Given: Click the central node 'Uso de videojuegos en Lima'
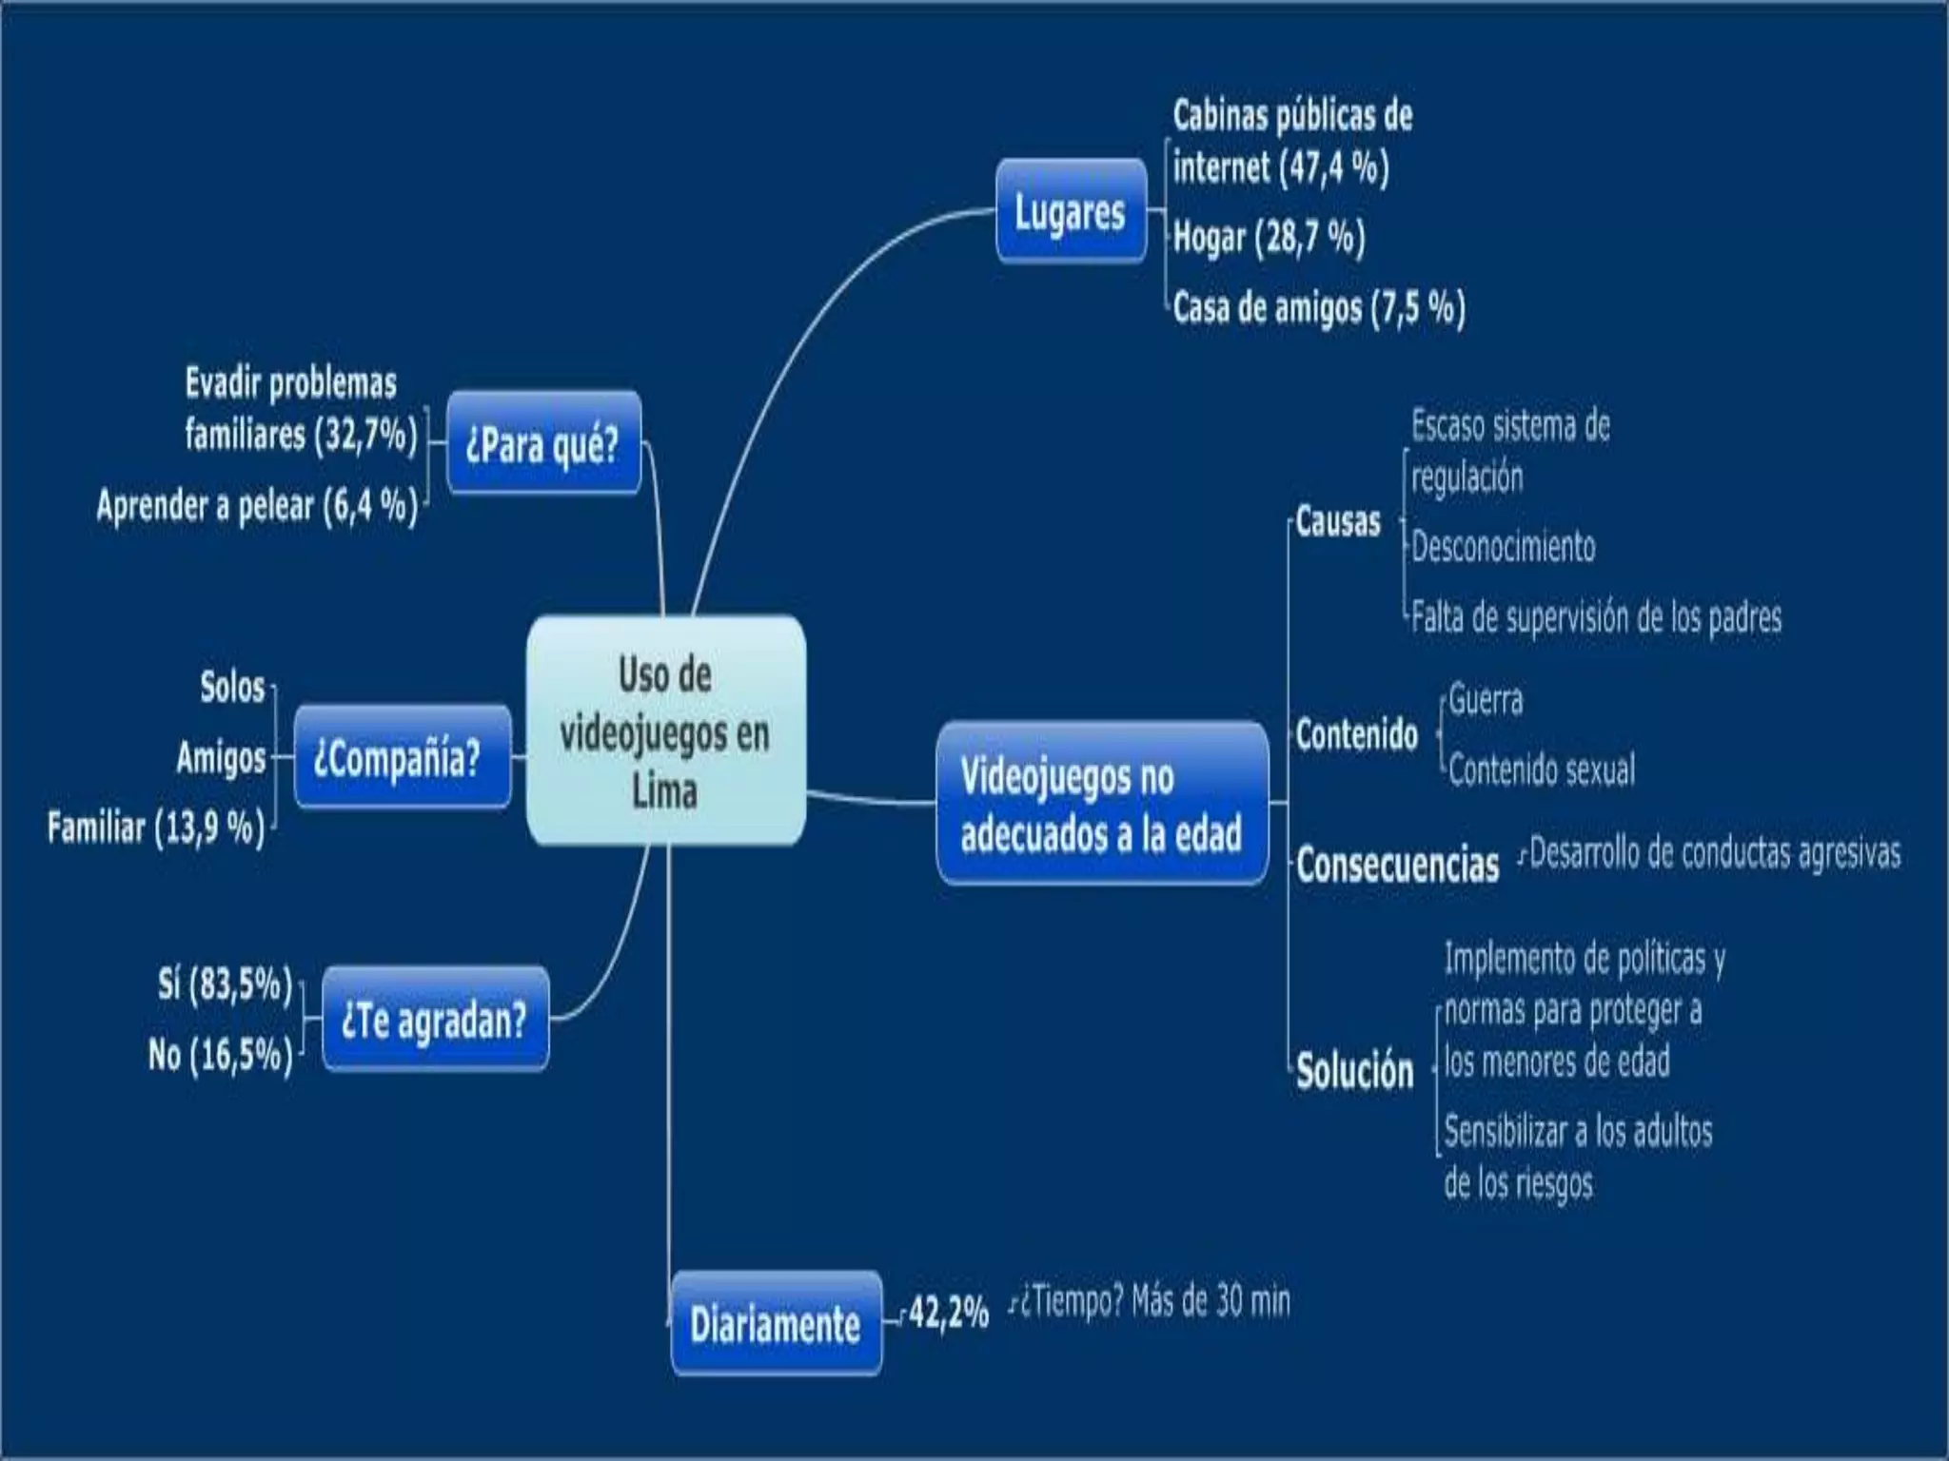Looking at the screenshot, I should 665,730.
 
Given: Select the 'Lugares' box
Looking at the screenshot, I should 1071,211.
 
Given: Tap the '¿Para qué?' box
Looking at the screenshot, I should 543,443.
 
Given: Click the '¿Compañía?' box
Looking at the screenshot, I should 402,758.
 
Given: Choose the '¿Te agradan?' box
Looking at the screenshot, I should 435,1020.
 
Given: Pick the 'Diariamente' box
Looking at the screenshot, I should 776,1323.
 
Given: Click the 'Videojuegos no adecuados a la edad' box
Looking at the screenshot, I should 1102,805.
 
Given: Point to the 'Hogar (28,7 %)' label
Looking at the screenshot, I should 1269,237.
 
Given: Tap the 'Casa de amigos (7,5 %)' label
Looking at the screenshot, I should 1318,307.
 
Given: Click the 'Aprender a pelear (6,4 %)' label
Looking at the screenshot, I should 257,505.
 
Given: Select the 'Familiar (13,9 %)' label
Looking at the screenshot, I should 156,828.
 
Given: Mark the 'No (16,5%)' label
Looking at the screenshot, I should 220,1055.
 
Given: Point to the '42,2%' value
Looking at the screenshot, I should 948,1313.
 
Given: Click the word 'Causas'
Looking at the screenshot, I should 1338,521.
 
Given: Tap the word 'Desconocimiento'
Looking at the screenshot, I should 1503,547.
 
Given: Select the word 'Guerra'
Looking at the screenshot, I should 1485,700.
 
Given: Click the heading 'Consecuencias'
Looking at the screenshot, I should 1397,865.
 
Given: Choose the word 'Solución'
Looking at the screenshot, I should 1354,1071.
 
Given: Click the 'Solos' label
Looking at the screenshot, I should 232,687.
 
